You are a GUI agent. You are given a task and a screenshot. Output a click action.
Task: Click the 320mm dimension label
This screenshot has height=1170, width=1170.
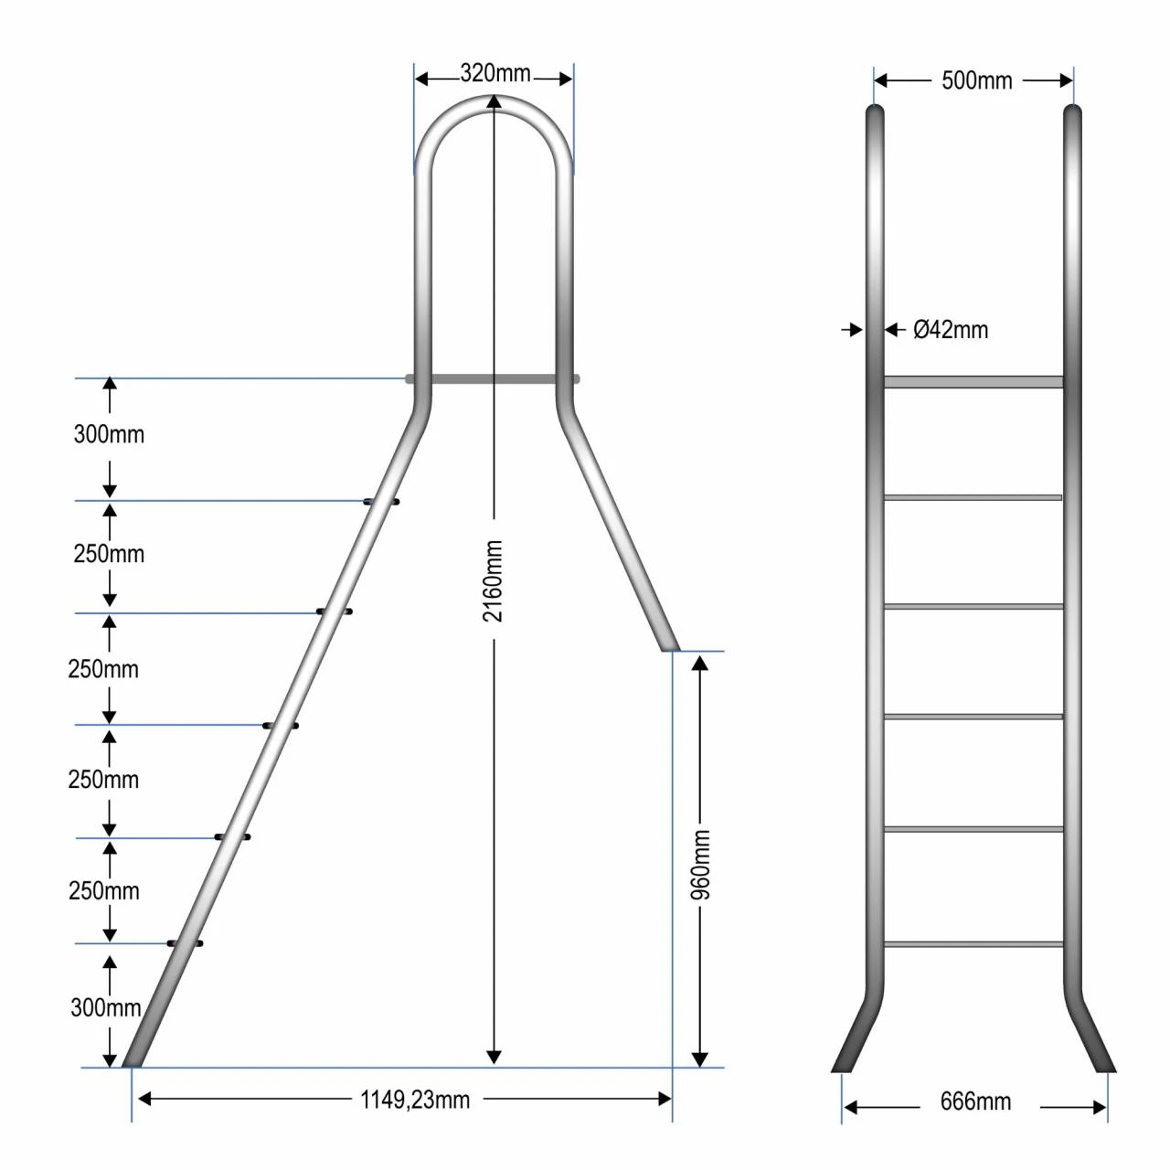pyautogui.click(x=495, y=73)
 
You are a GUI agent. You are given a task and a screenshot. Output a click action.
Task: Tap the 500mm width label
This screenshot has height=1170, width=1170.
pyautogui.click(x=976, y=80)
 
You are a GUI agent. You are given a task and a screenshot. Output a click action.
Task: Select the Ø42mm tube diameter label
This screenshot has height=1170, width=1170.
pyautogui.click(x=951, y=330)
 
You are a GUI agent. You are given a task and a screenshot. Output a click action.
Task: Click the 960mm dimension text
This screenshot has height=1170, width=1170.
pyautogui.click(x=701, y=865)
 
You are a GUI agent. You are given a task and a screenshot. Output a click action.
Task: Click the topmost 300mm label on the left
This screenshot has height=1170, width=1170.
pyautogui.click(x=110, y=435)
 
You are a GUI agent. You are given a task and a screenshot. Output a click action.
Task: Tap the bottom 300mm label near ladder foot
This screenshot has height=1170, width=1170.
pyautogui.click(x=106, y=1008)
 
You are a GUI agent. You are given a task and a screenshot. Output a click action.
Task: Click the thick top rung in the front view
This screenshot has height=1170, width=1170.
pyautogui.click(x=973, y=382)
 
